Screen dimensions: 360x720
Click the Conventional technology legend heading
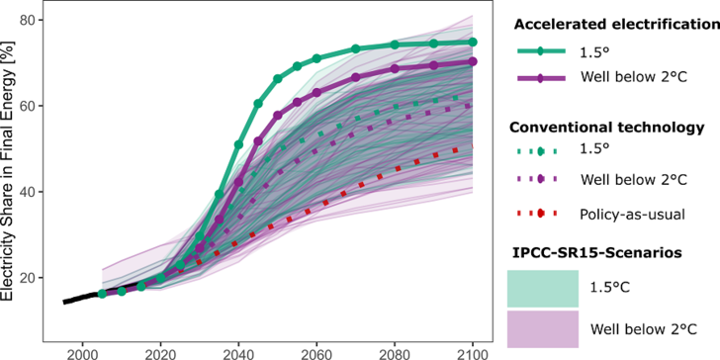(x=604, y=128)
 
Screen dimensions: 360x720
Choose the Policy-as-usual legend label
(x=630, y=212)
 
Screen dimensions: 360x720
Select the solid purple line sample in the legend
(x=541, y=80)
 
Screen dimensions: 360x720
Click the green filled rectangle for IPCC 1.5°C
(x=541, y=288)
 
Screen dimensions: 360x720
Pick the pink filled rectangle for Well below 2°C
(x=541, y=327)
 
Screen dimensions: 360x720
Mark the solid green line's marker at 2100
(x=473, y=43)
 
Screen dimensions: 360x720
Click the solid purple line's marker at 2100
(x=473, y=61)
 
